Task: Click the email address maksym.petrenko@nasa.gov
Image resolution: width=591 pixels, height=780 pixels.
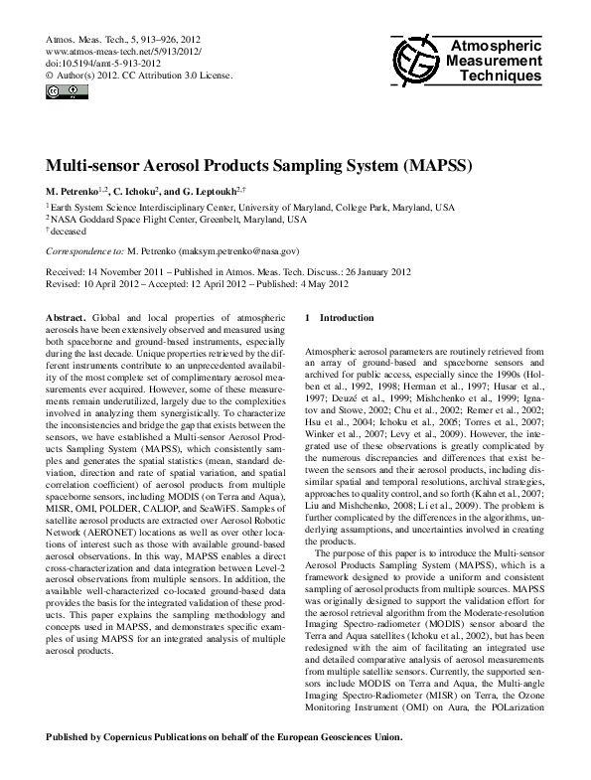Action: click(239, 252)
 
